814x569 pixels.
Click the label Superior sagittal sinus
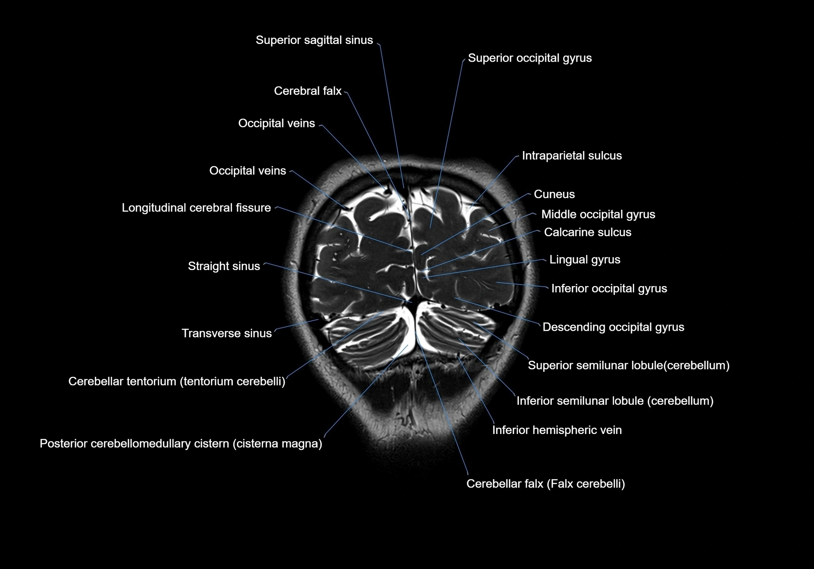tap(314, 40)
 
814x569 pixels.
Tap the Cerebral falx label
tap(307, 91)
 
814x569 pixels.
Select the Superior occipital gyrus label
tap(530, 58)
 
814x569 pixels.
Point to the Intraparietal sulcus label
tap(572, 156)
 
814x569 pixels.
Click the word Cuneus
tap(554, 194)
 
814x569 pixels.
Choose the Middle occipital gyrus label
tap(598, 214)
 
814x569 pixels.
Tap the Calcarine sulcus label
tap(587, 232)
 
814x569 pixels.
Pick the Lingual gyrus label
tap(585, 260)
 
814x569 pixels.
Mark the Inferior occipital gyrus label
tap(609, 289)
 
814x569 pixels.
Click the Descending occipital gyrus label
tap(613, 327)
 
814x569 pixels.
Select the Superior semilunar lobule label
tap(628, 365)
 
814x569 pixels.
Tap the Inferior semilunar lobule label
tap(615, 401)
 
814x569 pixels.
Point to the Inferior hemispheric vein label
tap(557, 430)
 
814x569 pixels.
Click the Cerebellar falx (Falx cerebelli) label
tap(545, 484)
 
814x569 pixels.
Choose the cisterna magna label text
tap(277, 444)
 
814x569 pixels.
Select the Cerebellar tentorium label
tap(176, 382)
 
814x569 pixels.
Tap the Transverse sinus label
tap(227, 334)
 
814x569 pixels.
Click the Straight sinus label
tap(224, 266)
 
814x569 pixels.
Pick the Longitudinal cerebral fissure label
tap(196, 208)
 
